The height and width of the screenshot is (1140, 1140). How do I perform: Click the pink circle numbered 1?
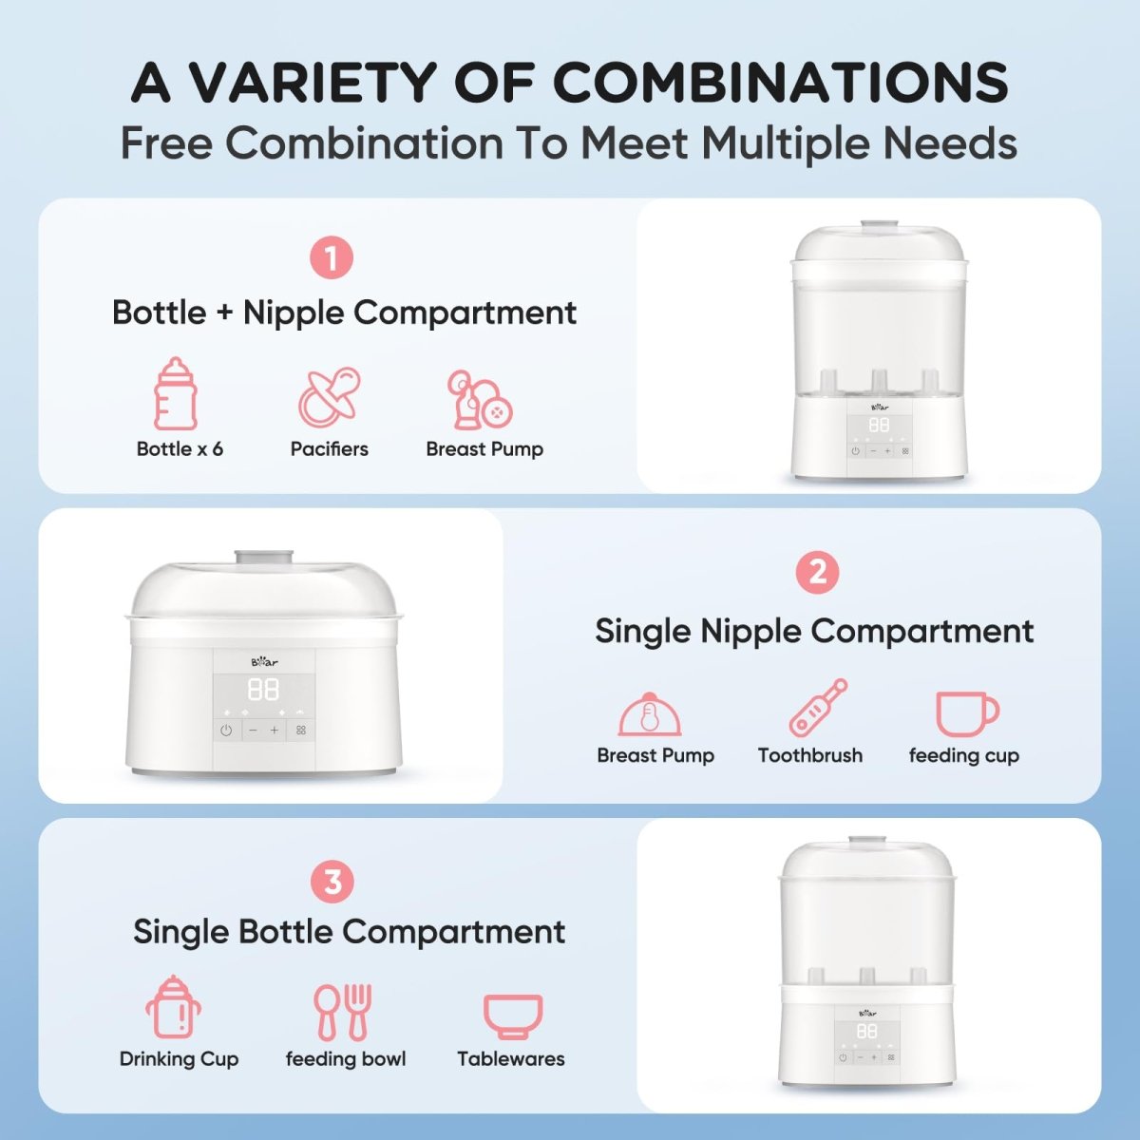click(332, 258)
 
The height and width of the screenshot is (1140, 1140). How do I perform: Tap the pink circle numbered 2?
click(817, 573)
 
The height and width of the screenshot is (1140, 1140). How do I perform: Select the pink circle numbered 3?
click(332, 883)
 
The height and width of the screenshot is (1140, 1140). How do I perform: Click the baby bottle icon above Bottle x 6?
click(176, 394)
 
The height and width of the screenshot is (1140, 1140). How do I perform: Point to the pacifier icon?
click(330, 397)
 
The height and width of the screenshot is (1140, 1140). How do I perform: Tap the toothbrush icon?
click(818, 708)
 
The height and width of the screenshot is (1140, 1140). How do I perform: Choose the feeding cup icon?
click(966, 712)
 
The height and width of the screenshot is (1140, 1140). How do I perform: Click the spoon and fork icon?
click(343, 1013)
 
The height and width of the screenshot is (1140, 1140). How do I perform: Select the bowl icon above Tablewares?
click(513, 1016)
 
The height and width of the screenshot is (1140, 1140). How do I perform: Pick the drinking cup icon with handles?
click(174, 1007)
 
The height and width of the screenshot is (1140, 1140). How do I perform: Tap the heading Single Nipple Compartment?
click(814, 631)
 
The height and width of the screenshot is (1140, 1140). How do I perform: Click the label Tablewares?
click(511, 1058)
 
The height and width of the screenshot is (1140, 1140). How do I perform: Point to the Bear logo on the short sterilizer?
click(264, 662)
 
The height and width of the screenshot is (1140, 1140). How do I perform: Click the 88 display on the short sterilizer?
click(263, 690)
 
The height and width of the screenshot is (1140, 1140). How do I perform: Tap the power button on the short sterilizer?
click(226, 731)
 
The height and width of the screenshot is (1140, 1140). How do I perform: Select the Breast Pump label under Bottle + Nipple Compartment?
click(484, 449)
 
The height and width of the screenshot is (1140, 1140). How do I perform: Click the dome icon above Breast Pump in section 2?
click(650, 713)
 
